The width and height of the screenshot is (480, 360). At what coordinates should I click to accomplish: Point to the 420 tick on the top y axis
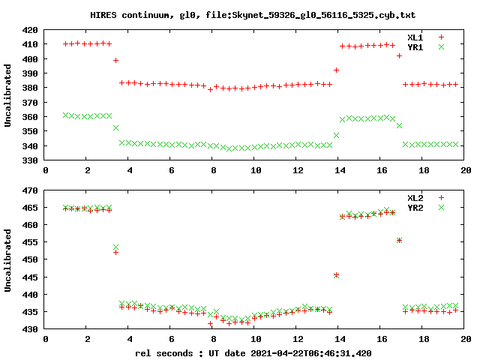(31, 30)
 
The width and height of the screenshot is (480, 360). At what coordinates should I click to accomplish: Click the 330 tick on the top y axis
(31, 160)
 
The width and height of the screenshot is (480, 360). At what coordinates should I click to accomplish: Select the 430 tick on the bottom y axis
(31, 329)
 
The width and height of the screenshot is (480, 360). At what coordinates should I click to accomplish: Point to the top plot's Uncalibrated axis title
(8, 95)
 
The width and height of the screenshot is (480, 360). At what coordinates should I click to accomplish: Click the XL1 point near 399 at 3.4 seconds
(115, 60)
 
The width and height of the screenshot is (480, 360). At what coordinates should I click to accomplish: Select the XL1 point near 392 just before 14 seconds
(336, 70)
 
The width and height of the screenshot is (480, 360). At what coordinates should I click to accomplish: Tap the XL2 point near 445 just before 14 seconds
(336, 275)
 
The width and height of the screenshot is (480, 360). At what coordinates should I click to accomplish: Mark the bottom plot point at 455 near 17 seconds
(399, 240)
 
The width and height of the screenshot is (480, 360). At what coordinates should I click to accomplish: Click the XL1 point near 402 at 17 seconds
(399, 55)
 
